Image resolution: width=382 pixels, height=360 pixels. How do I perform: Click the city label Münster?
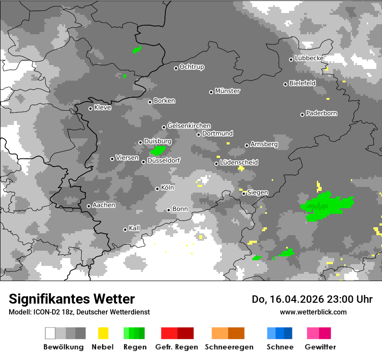227,91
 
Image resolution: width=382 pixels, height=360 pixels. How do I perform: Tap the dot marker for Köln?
157,189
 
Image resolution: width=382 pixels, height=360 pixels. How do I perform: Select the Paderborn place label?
321,113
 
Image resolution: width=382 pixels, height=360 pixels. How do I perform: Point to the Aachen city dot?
89,206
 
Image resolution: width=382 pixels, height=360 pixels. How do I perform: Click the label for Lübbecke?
309,58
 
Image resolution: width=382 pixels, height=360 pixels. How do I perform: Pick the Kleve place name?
102,108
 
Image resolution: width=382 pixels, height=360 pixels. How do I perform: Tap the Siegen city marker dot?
244,193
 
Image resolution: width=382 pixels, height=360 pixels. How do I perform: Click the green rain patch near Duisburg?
158,151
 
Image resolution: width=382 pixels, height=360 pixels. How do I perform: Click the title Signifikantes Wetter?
72,299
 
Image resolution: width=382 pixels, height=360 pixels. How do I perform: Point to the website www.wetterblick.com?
313,312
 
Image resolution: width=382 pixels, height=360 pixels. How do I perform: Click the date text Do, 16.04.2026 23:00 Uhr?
312,299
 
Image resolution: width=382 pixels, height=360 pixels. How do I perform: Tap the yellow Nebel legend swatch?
103,333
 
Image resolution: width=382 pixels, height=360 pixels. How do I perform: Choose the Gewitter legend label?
320,347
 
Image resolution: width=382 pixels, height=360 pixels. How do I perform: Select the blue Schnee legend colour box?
280,333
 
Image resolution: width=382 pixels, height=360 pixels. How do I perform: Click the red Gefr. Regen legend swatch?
177,333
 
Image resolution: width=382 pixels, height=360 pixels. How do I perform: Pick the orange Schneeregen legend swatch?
228,333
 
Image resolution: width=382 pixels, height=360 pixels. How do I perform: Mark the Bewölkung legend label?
63,347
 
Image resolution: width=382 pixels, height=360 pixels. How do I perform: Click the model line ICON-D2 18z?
79,312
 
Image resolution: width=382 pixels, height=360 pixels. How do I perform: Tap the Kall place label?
134,228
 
